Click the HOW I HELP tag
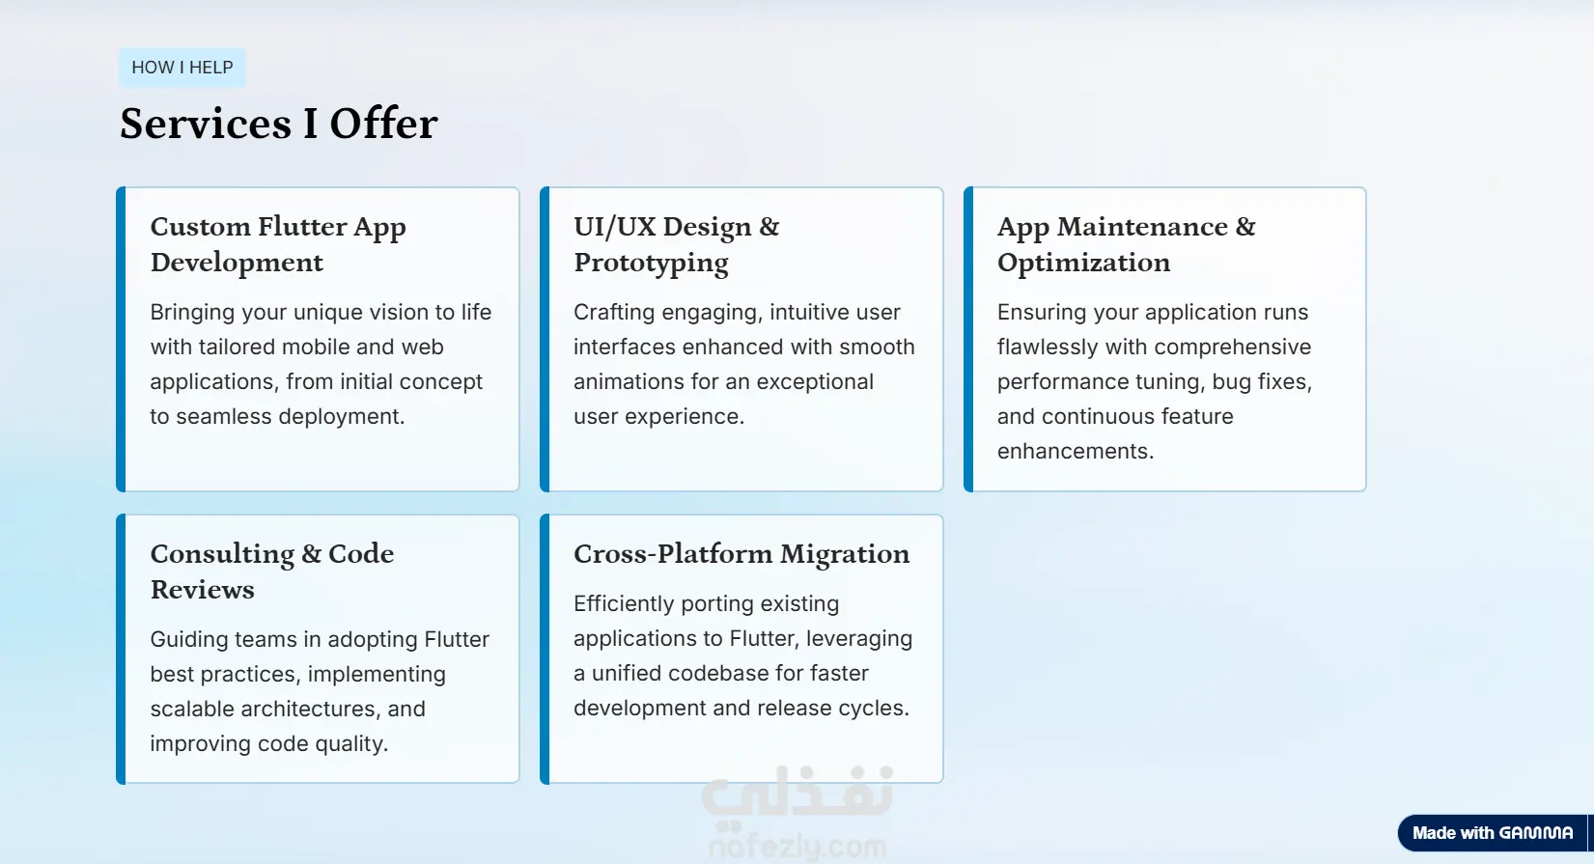tap(182, 68)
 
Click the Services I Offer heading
tap(278, 124)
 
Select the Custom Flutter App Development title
tap(278, 244)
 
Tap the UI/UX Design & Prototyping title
tap(676, 244)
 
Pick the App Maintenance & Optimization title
tap(1126, 244)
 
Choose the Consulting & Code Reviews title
tap(272, 571)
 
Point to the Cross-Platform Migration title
tap(741, 554)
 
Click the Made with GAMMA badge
tap(1493, 833)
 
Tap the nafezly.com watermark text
tap(797, 847)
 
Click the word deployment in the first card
tap(342, 416)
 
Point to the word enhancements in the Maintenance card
tap(1076, 451)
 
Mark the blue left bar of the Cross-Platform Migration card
tap(545, 649)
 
